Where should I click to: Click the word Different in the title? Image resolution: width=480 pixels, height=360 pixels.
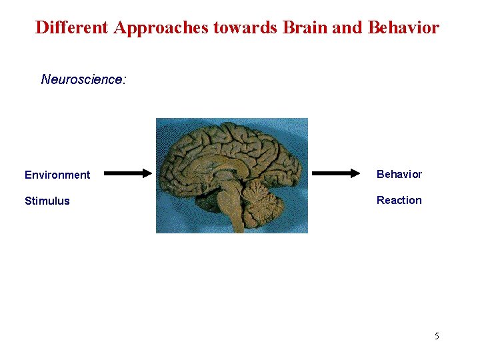click(x=72, y=28)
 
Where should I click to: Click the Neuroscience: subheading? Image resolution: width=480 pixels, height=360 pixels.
click(x=83, y=79)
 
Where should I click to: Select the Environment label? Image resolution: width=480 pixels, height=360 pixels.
click(x=57, y=175)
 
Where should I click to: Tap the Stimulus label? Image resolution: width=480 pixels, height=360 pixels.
click(x=47, y=201)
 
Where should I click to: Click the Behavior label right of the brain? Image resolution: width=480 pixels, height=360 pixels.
click(x=399, y=174)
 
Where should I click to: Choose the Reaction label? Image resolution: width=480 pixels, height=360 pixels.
click(x=399, y=200)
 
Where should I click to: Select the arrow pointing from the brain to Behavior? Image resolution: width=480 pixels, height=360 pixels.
click(x=336, y=174)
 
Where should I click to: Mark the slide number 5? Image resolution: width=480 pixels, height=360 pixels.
click(x=437, y=336)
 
